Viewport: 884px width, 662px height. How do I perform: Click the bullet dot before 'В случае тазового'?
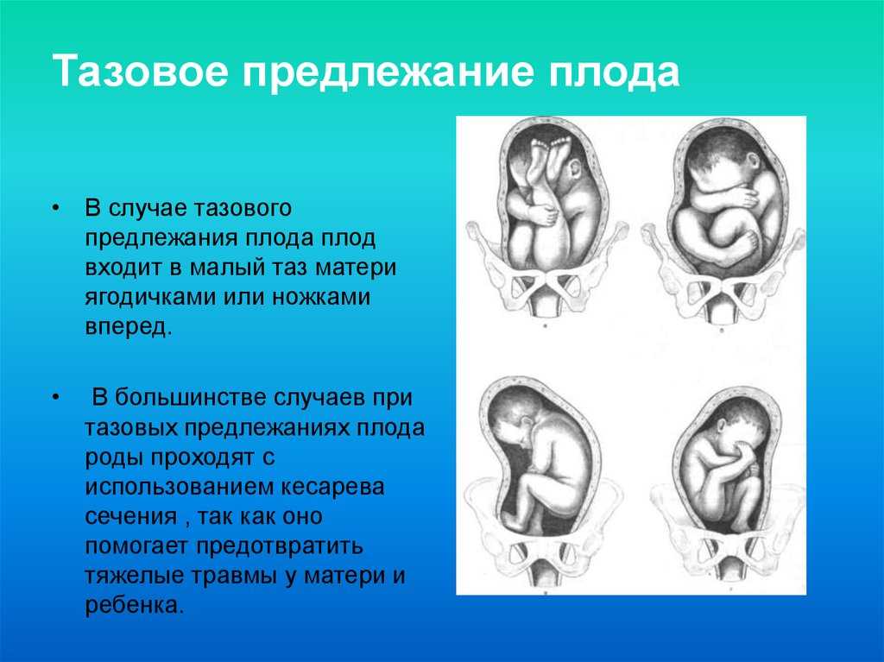(x=55, y=208)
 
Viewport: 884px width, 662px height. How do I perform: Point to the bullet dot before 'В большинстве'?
(x=55, y=398)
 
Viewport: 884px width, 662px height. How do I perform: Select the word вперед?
(x=128, y=327)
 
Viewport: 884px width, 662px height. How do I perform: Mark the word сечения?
(x=131, y=516)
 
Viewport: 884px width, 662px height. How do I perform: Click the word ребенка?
(x=135, y=605)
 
